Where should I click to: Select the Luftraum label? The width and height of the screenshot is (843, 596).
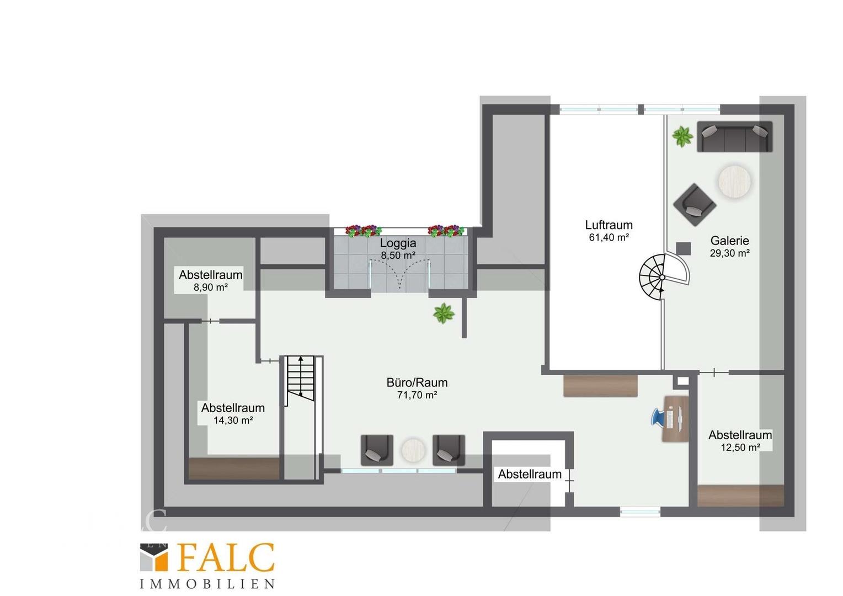(x=609, y=225)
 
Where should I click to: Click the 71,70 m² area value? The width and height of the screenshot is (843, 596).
(x=417, y=395)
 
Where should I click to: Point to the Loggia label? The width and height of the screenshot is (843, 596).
(x=398, y=243)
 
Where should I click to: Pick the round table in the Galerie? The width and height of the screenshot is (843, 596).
(x=734, y=180)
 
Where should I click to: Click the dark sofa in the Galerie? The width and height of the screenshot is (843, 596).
(x=735, y=136)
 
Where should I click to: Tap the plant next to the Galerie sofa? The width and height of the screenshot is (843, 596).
(x=682, y=136)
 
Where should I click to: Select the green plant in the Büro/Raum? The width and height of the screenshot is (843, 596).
(x=444, y=313)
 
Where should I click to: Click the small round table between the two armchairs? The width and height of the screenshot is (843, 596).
(x=413, y=450)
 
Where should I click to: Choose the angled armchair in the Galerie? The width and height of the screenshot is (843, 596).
(x=695, y=204)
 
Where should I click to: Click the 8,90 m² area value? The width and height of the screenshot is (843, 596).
(x=210, y=288)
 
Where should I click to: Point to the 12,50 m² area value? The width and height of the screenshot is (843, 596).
(x=740, y=448)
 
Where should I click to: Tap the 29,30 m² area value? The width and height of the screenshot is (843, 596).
(x=729, y=253)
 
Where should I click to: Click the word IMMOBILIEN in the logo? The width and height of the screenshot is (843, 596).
(x=207, y=584)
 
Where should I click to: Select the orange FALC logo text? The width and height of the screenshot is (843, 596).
(x=226, y=557)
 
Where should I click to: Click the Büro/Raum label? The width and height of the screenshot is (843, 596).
(x=417, y=382)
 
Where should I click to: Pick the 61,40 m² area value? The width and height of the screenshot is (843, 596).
(x=609, y=237)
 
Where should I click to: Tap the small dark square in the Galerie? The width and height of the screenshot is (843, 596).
(x=684, y=248)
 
